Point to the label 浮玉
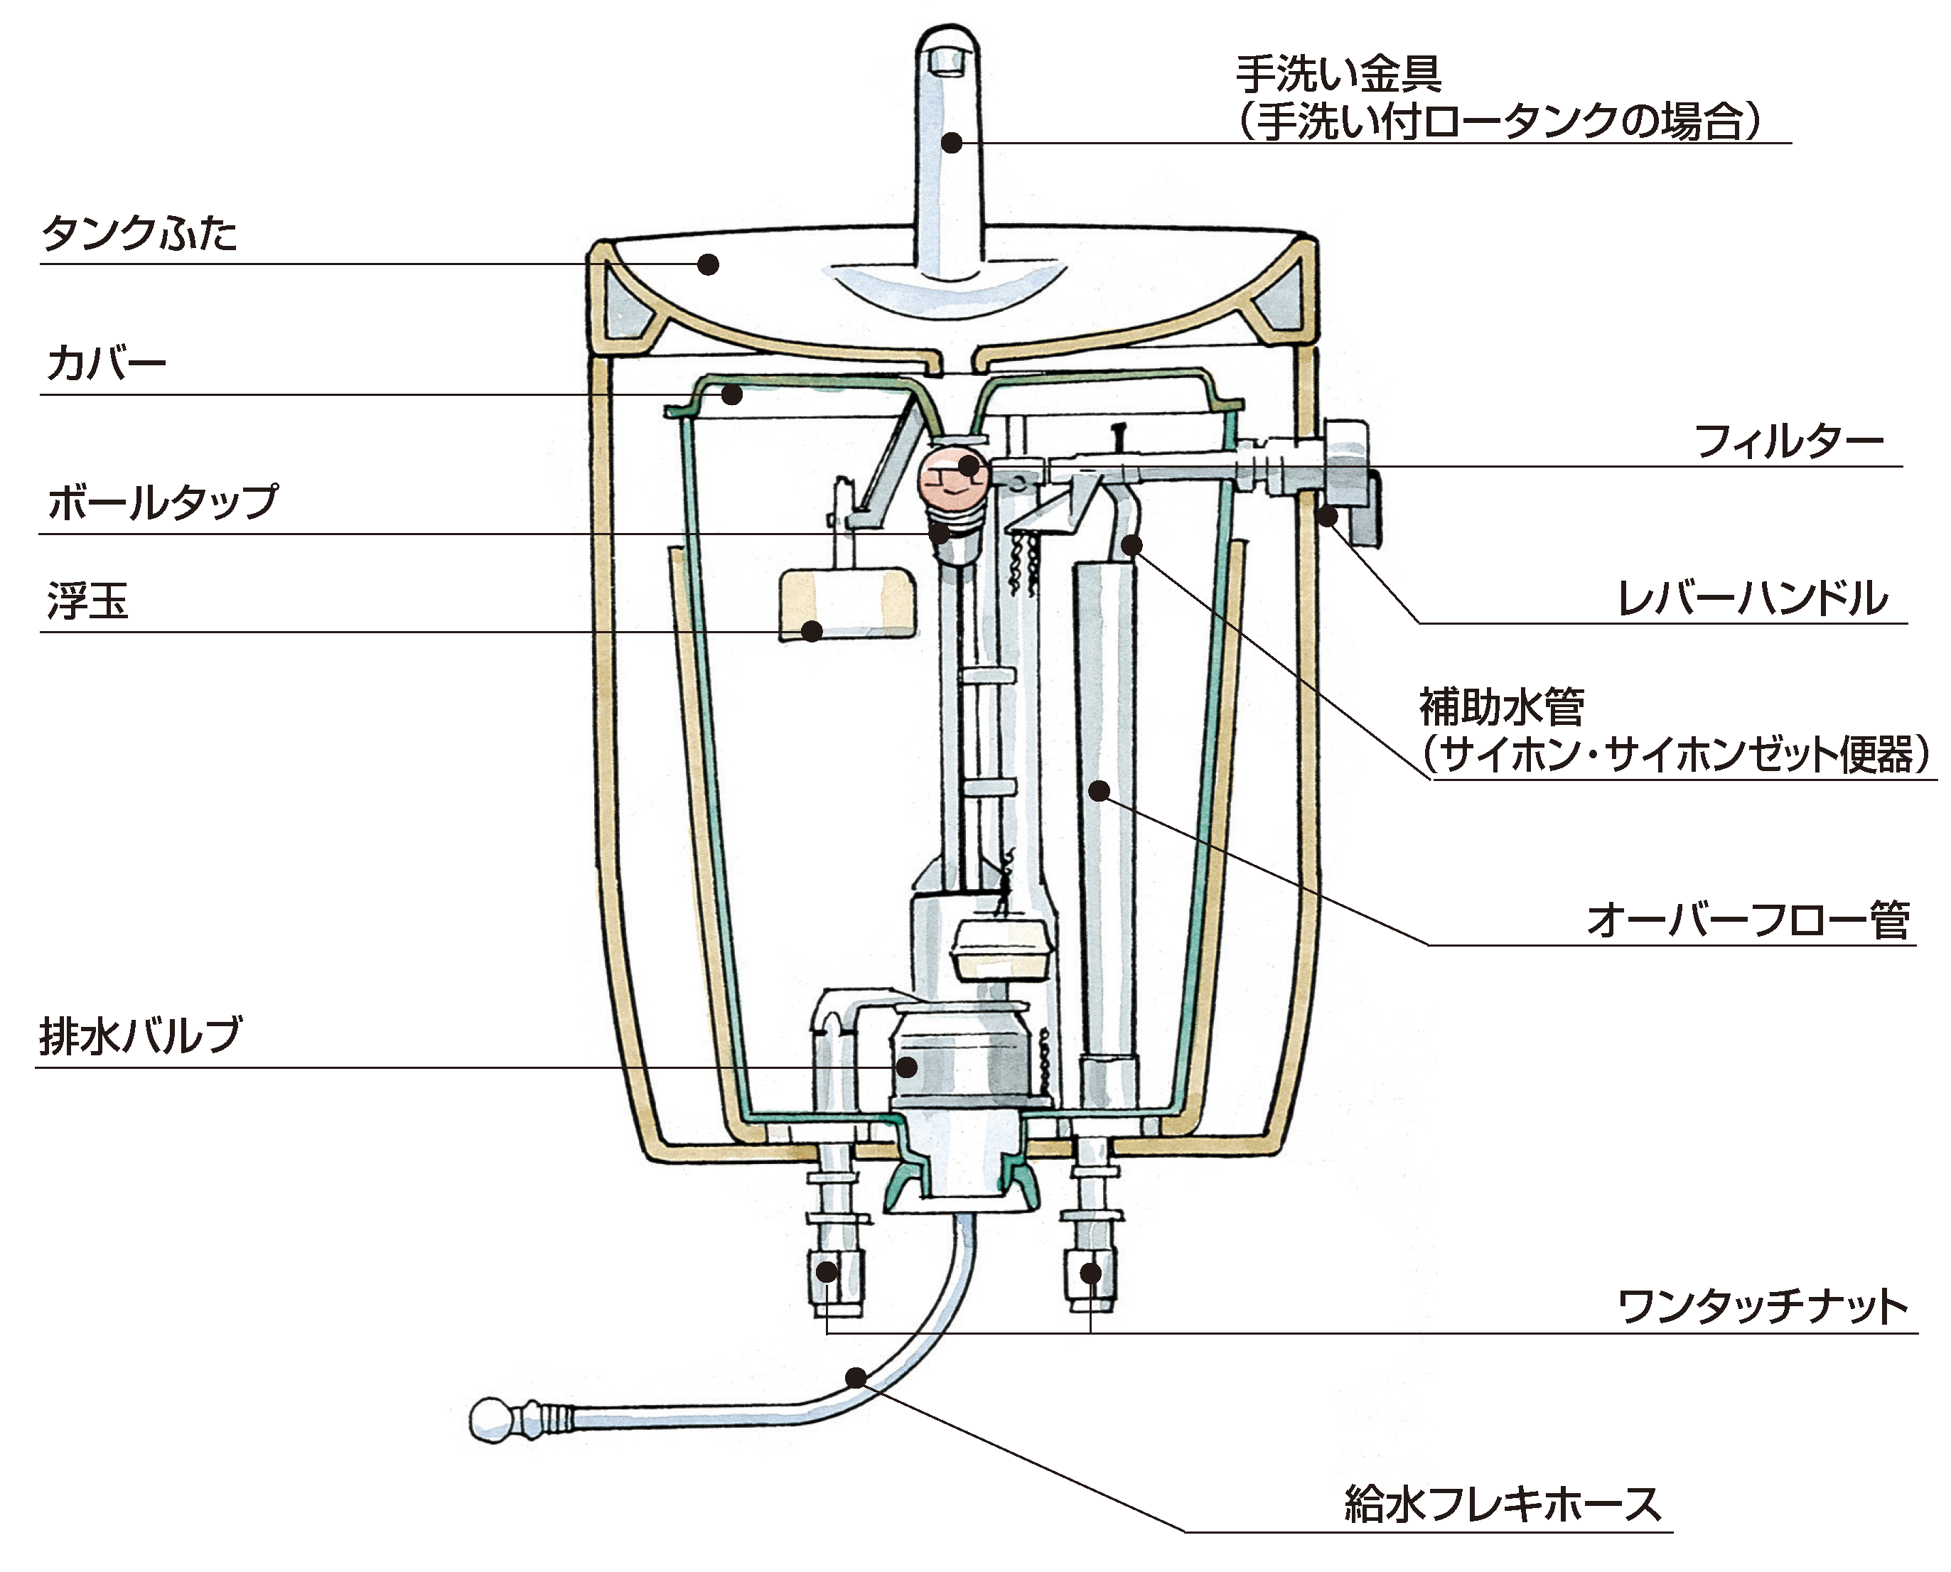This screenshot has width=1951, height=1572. pyautogui.click(x=88, y=601)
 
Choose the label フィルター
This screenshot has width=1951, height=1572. pyautogui.click(x=1788, y=442)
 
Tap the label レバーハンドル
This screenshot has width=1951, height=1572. pyautogui.click(x=1752, y=598)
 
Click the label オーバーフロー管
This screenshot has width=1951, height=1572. pyautogui.click(x=1748, y=921)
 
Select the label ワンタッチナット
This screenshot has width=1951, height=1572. pyautogui.click(x=1763, y=1307)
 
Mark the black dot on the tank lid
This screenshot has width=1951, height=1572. pyautogui.click(x=709, y=264)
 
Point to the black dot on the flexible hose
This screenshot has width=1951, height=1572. pyautogui.click(x=855, y=1378)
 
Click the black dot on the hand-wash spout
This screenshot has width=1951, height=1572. pyautogui.click(x=951, y=142)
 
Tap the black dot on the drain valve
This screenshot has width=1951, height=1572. pyautogui.click(x=905, y=1067)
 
